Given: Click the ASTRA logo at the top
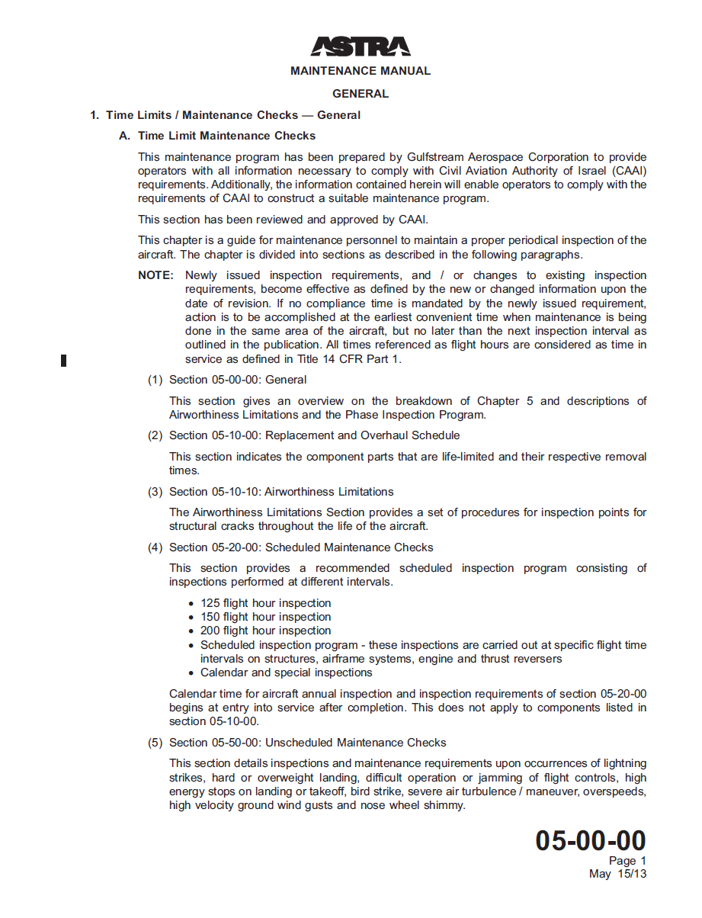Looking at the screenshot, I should tap(360, 47).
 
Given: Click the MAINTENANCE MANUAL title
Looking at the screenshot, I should tap(360, 71).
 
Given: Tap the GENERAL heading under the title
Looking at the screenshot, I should tap(360, 94).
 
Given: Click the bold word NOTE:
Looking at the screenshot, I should tap(156, 275).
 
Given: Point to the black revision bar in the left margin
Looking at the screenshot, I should tap(64, 361).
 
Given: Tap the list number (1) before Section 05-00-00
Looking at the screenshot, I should tap(155, 380).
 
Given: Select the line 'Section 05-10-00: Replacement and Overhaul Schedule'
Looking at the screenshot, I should tap(314, 435).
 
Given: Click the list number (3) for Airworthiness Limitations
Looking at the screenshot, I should tap(155, 492).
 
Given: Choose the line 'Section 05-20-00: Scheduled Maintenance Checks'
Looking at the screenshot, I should tap(300, 547).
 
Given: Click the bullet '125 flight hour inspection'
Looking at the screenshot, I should tap(265, 603).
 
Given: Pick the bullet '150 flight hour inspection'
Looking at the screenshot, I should tap(265, 617).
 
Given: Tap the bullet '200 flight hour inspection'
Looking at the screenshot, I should tap(265, 631).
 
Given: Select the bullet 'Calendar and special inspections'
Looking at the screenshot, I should tap(286, 672).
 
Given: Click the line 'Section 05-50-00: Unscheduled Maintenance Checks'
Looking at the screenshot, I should tap(307, 743).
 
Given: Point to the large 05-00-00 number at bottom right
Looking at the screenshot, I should tap(590, 841).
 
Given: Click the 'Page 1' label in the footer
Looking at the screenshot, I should tap(627, 862).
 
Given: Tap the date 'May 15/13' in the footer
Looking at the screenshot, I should tap(617, 874).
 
